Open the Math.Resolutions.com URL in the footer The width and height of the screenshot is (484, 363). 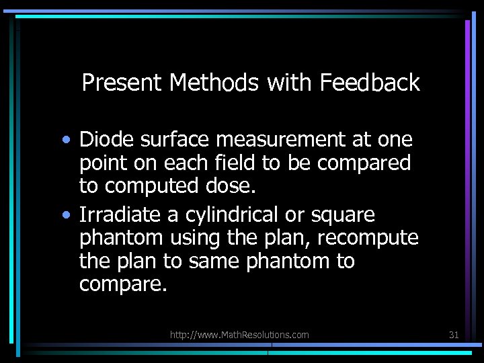point(239,335)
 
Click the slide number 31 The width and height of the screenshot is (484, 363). point(453,334)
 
